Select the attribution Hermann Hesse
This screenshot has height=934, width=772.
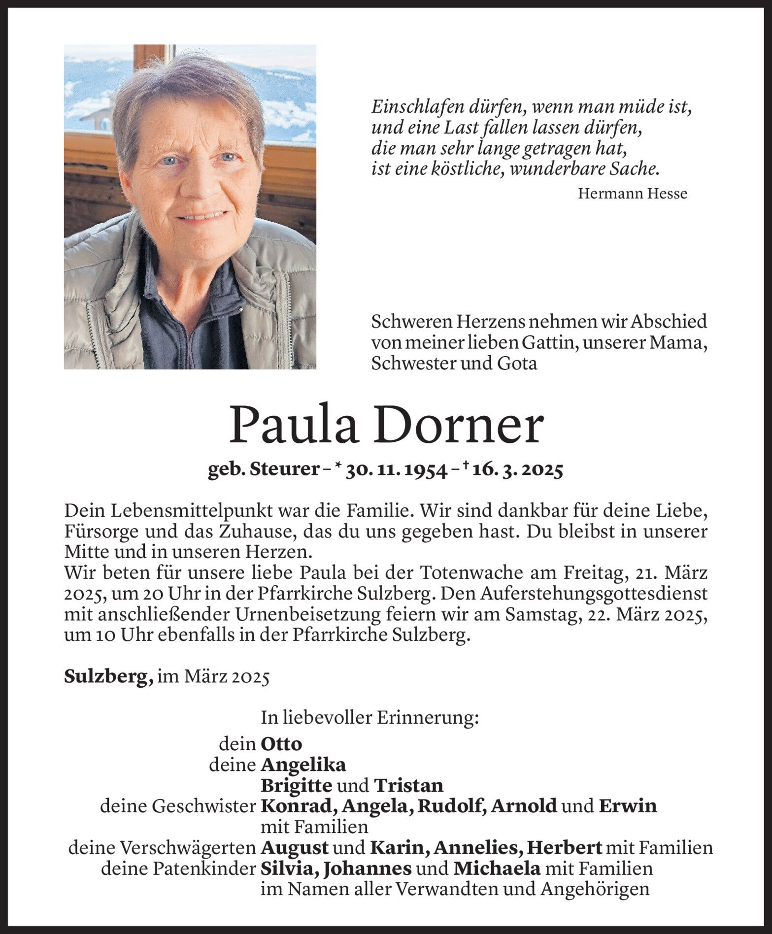(632, 194)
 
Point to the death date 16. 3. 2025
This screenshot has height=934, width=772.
(517, 471)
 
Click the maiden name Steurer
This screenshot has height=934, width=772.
(285, 471)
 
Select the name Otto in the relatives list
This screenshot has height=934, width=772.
(281, 743)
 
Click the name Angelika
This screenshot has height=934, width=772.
(303, 765)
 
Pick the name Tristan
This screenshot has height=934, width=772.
(408, 785)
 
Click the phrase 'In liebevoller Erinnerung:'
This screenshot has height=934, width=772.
(369, 719)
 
